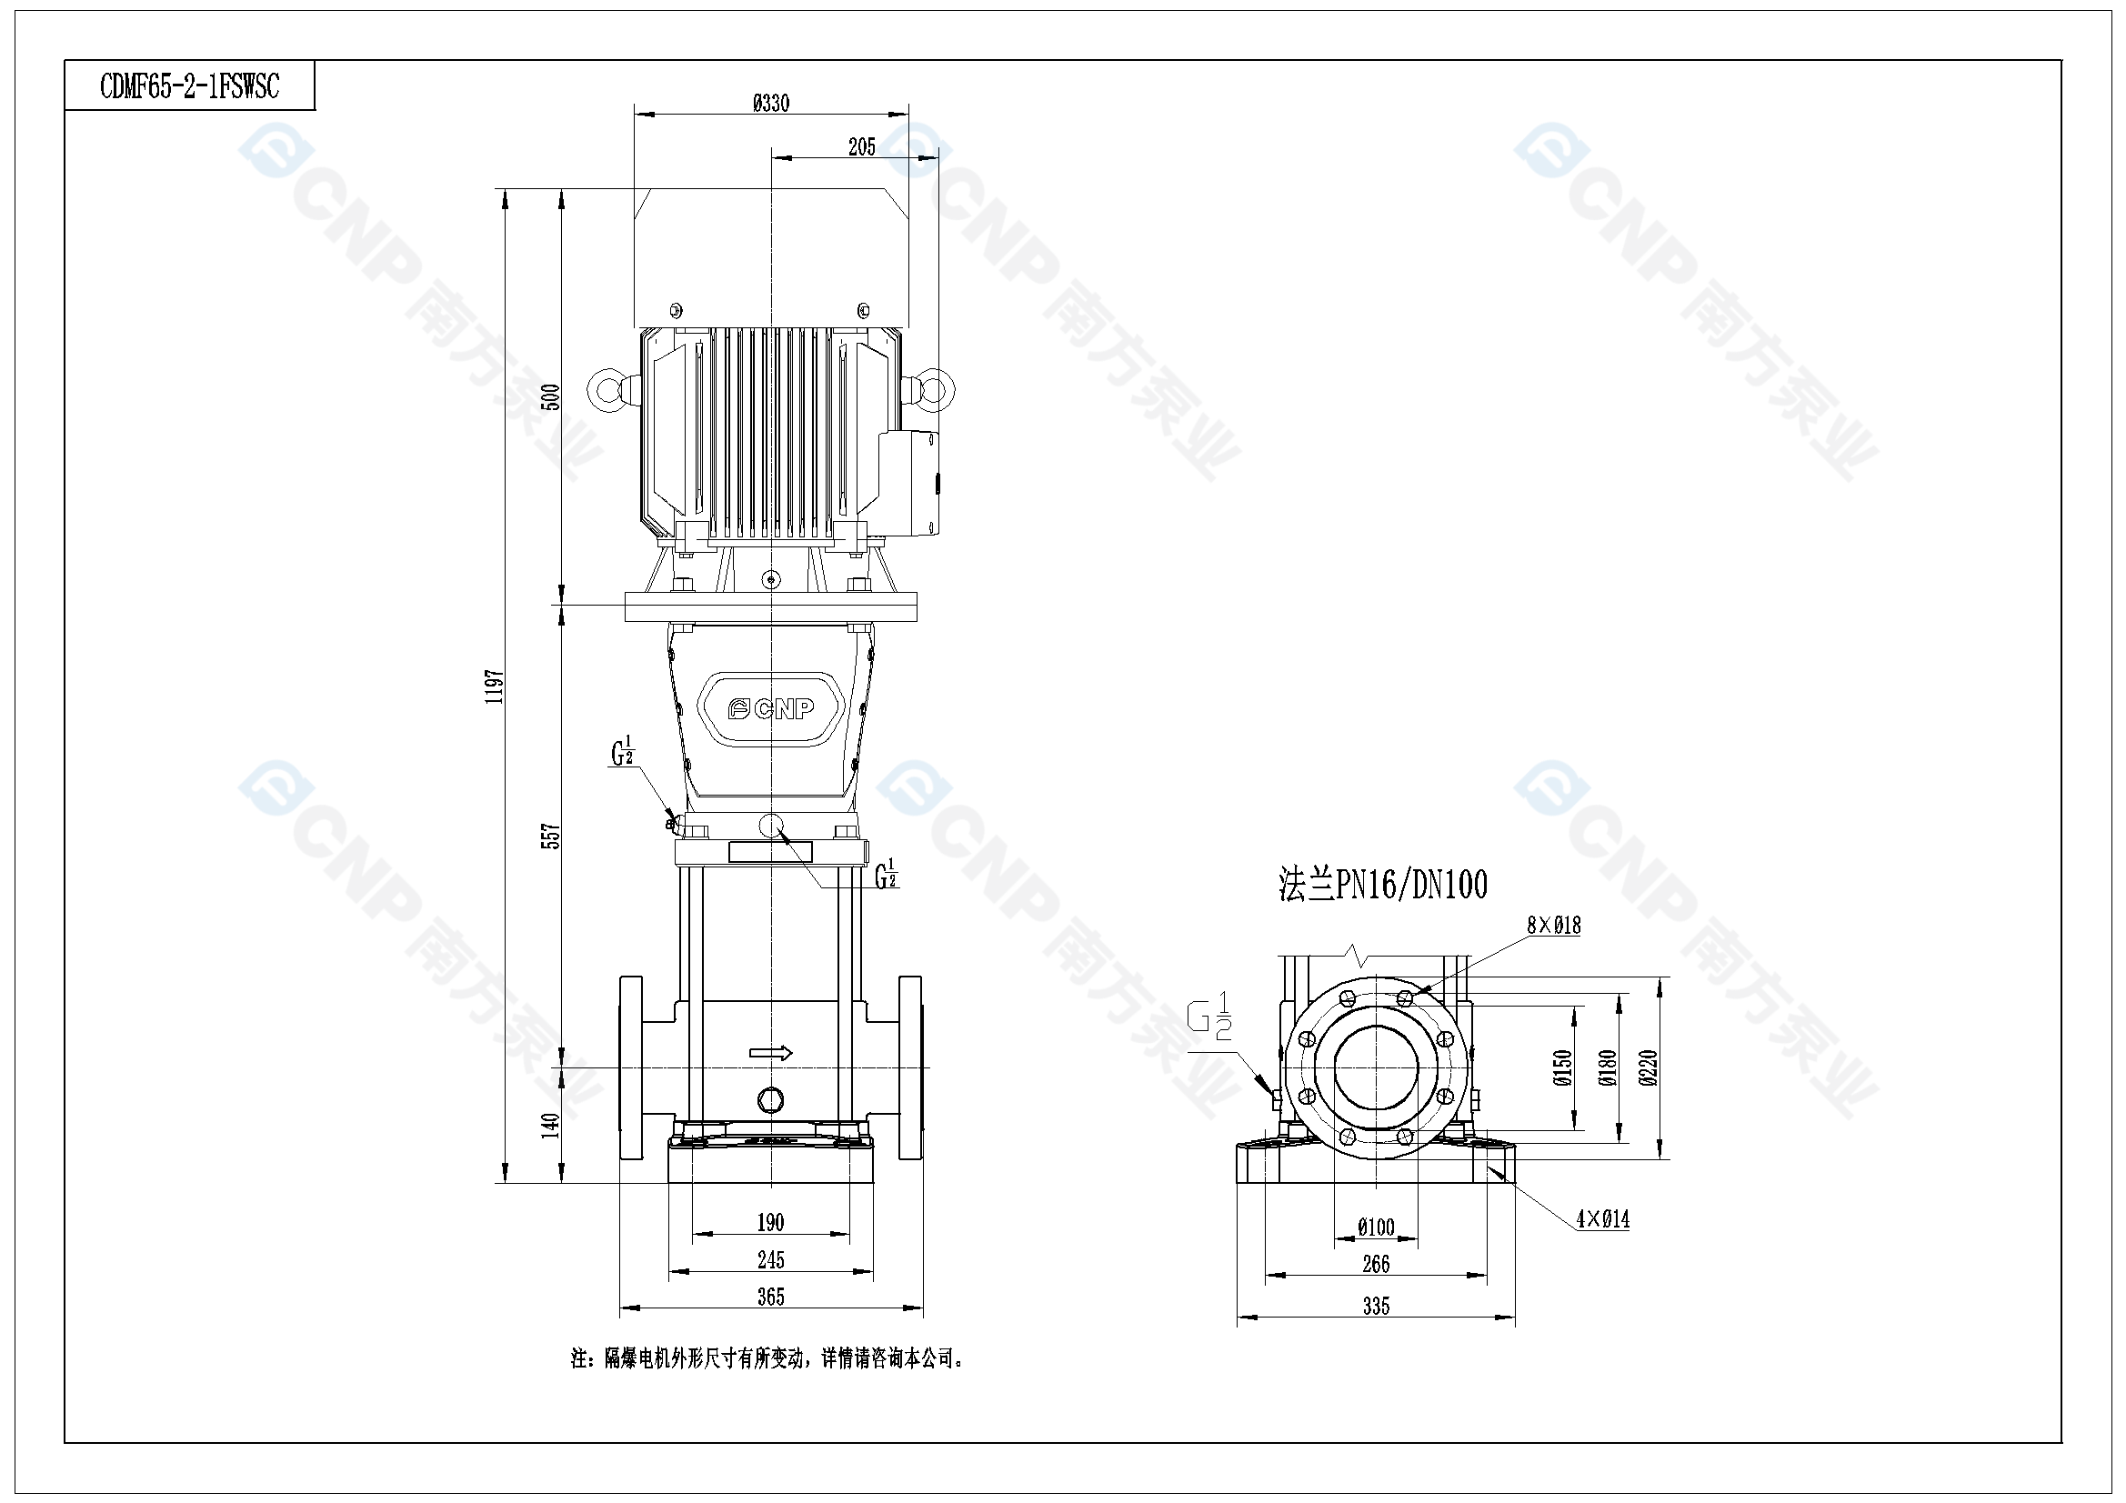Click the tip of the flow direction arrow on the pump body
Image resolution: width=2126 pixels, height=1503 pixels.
[x=794, y=1053]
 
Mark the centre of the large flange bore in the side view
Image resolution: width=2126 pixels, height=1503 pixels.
[x=1376, y=1067]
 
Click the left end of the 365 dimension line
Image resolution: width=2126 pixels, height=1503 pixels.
[x=619, y=1308]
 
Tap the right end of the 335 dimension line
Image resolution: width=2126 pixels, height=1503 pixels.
[x=1516, y=1315]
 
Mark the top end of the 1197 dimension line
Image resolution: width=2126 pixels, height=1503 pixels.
[x=506, y=189]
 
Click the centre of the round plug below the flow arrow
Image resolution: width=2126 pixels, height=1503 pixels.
[x=770, y=1100]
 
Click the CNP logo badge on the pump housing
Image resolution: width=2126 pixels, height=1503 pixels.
[x=770, y=708]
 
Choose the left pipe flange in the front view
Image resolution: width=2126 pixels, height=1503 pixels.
[x=630, y=1067]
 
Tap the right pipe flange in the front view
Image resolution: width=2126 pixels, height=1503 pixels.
[x=910, y=1067]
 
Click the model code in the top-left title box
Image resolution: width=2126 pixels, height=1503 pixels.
[x=190, y=87]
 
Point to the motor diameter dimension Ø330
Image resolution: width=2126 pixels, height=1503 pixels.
[x=771, y=103]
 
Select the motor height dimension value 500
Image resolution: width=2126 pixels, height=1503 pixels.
[x=551, y=397]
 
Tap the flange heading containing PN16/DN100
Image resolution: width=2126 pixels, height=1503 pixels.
[x=1383, y=885]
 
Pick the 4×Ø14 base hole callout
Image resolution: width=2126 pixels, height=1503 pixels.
[x=1603, y=1219]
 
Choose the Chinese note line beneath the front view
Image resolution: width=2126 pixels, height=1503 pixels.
[x=767, y=1358]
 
